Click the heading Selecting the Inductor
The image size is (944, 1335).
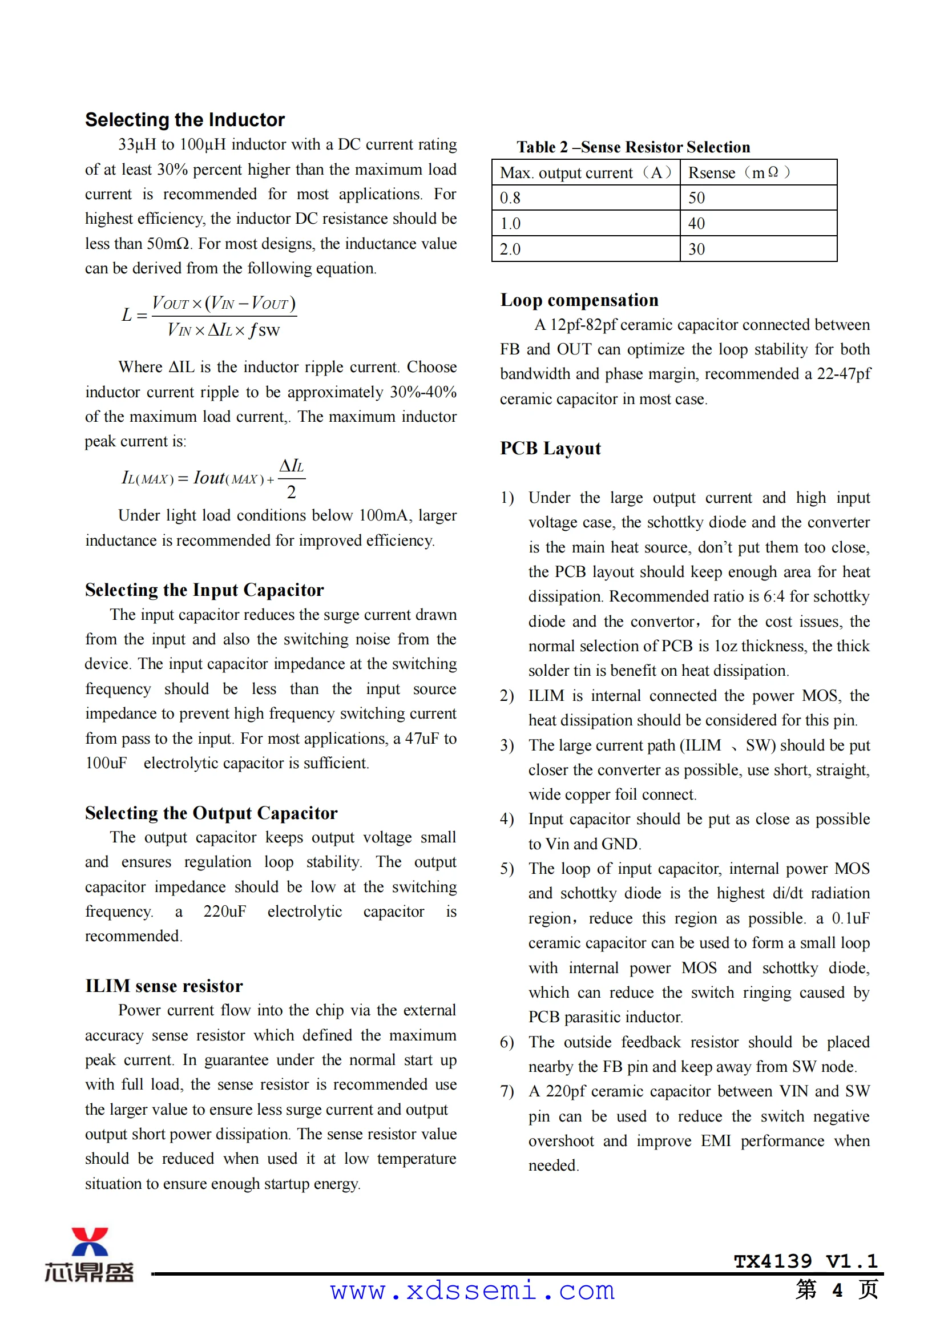click(185, 120)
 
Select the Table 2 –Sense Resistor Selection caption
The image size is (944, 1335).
click(633, 147)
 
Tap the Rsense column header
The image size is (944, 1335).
click(738, 173)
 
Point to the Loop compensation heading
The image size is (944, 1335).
click(579, 300)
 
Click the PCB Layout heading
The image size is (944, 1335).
click(550, 448)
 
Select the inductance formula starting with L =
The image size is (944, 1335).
click(209, 316)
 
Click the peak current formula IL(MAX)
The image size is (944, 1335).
click(213, 478)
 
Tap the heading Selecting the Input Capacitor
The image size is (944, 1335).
click(204, 590)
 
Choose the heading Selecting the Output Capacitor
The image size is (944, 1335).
click(211, 813)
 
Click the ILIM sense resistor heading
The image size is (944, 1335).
click(164, 986)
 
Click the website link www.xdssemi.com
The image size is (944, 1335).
click(472, 1291)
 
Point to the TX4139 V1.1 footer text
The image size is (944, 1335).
click(805, 1261)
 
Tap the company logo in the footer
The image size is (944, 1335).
click(90, 1255)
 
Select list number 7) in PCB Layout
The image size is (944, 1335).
click(507, 1091)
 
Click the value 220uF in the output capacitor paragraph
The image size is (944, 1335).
click(224, 911)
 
